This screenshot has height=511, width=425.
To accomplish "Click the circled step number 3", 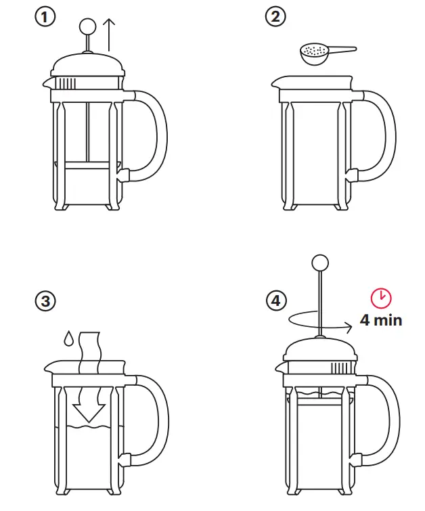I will pyautogui.click(x=45, y=301).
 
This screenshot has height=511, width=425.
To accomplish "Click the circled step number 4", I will pyautogui.click(x=275, y=301).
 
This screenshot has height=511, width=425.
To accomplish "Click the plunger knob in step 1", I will pyautogui.click(x=88, y=26).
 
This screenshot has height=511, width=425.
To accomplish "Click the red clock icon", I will pyautogui.click(x=381, y=297).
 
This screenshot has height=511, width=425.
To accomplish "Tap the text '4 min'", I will pyautogui.click(x=380, y=319).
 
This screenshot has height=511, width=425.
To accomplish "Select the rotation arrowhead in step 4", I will pyautogui.click(x=349, y=327).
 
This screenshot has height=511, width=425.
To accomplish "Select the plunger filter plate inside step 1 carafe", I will pyautogui.click(x=88, y=164).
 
